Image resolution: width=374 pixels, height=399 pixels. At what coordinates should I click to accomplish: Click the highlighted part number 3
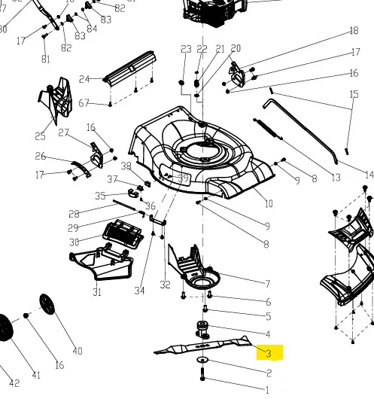click(x=269, y=353)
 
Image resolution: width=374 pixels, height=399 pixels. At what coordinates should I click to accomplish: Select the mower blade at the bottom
click(x=202, y=346)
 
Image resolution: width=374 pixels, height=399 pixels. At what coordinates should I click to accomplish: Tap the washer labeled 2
click(x=202, y=360)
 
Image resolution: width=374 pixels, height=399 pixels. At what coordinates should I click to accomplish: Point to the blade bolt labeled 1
click(x=202, y=374)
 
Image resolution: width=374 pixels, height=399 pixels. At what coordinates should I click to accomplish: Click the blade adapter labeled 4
click(x=202, y=330)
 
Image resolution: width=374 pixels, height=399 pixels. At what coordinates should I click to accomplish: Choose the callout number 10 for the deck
click(x=269, y=203)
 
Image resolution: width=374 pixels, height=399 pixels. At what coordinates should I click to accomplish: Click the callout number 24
click(x=84, y=79)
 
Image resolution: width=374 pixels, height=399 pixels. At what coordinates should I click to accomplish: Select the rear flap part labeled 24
click(x=129, y=68)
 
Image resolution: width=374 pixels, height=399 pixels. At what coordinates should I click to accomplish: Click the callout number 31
click(x=97, y=292)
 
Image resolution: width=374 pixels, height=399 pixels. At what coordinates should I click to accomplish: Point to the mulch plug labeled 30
click(x=123, y=235)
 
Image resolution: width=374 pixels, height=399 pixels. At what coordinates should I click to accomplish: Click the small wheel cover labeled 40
click(x=47, y=304)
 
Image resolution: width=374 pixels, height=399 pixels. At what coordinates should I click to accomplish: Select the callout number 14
click(x=369, y=175)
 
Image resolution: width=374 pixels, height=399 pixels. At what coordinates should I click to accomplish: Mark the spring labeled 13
click(x=268, y=129)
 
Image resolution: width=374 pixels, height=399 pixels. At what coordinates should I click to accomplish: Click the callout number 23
click(x=186, y=49)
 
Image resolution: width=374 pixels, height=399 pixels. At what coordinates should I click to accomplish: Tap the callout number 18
click(x=354, y=31)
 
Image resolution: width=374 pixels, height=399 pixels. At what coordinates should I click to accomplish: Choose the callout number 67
click(x=84, y=103)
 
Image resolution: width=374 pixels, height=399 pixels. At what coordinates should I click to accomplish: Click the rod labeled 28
click(x=124, y=205)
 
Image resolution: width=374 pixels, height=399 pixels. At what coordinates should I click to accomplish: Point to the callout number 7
click(x=267, y=284)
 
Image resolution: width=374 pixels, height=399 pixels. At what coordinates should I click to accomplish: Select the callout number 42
click(x=14, y=383)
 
